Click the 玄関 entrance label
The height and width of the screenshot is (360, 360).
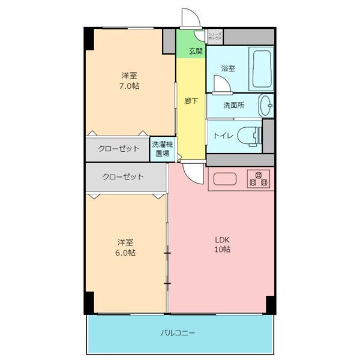(196, 51)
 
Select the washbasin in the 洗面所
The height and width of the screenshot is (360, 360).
(266, 106)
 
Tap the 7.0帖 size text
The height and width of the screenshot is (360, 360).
(129, 86)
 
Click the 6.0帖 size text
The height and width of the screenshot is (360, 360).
(126, 253)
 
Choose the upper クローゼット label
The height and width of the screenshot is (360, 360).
(119, 148)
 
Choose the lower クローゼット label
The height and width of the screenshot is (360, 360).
(123, 177)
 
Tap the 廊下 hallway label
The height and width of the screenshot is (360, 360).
(191, 101)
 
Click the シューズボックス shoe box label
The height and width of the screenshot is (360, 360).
(215, 36)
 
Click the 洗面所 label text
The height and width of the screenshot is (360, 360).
(233, 106)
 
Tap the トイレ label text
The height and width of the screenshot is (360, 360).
(220, 136)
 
